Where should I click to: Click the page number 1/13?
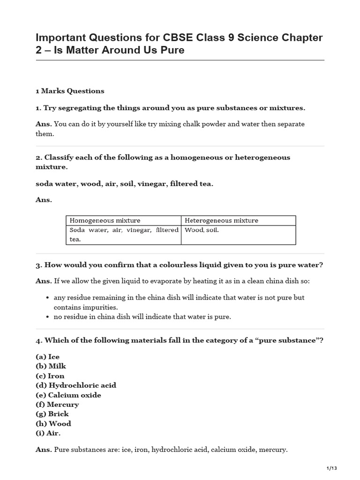point(331,468)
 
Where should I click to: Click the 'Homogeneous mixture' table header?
point(105,220)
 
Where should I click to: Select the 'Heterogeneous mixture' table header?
point(221,220)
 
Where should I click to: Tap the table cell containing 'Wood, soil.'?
point(202,230)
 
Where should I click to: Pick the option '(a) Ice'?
point(47,357)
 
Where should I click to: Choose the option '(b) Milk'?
point(49,366)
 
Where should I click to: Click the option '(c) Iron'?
point(50,375)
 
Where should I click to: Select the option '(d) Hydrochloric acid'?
point(75,385)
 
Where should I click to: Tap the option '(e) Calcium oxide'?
point(68,395)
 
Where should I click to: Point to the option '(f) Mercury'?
point(57,404)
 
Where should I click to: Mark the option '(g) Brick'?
point(52,413)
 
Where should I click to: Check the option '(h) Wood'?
point(53,423)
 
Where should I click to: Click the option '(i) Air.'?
point(48,433)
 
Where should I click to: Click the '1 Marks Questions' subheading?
point(70,91)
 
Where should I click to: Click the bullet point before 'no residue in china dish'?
point(49,317)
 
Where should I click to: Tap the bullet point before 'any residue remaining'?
point(49,298)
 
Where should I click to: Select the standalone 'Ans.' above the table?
point(44,200)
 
